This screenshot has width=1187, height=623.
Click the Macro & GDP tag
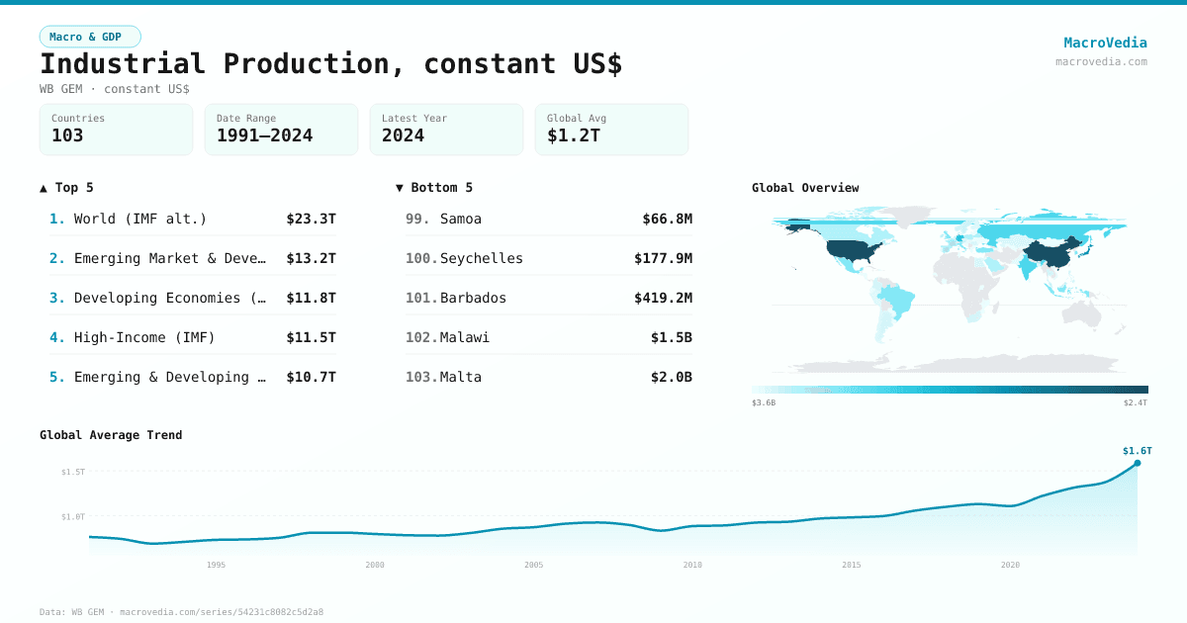(90, 37)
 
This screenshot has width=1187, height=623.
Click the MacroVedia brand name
(1105, 43)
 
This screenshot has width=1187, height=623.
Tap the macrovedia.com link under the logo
(1101, 61)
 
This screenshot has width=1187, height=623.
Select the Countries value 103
(67, 135)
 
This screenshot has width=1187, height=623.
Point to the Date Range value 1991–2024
(264, 135)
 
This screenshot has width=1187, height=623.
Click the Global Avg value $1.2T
(573, 135)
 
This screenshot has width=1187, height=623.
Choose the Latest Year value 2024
(403, 135)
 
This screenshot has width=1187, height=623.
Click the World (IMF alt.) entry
(139, 219)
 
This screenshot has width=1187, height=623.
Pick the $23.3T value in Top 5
(311, 219)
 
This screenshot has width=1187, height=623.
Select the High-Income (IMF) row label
(144, 337)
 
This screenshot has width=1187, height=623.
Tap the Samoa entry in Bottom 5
(461, 219)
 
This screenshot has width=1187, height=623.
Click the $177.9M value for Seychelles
(663, 258)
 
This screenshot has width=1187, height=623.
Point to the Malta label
(461, 377)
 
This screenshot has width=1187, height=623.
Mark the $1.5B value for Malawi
(671, 337)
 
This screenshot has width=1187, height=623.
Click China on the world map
(1049, 253)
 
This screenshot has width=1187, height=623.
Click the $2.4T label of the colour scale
(1136, 402)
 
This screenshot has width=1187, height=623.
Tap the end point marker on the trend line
(1137, 463)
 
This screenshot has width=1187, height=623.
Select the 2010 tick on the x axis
(692, 565)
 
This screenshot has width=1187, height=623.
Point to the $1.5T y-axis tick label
(73, 472)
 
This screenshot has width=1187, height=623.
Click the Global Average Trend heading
(111, 435)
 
